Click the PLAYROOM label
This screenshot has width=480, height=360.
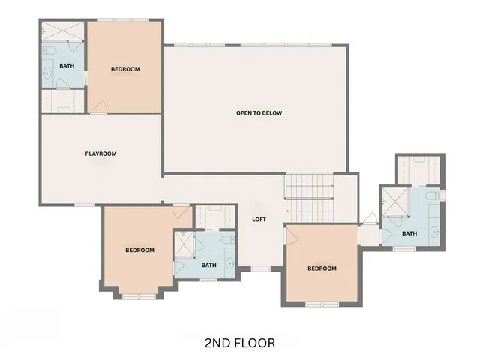pyautogui.click(x=100, y=154)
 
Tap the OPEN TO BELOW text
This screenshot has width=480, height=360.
pyautogui.click(x=259, y=113)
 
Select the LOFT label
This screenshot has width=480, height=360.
pyautogui.click(x=259, y=220)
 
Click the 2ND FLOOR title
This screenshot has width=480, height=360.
pyautogui.click(x=239, y=343)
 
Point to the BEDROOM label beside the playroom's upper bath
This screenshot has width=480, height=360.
pyautogui.click(x=125, y=70)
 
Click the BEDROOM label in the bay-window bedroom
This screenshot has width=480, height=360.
pyautogui.click(x=139, y=250)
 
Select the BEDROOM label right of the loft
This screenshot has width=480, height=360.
pyautogui.click(x=322, y=268)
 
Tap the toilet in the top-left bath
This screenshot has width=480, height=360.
pyautogui.click(x=47, y=50)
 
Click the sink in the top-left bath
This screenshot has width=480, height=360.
pyautogui.click(x=46, y=73)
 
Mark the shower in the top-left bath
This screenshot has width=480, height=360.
pyautogui.click(x=63, y=31)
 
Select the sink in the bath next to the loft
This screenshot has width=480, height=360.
pyautogui.click(x=229, y=263)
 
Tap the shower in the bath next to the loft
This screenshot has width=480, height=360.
pyautogui.click(x=184, y=245)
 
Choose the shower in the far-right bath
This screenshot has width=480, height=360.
pyautogui.click(x=393, y=201)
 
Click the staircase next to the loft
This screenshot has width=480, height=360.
pyautogui.click(x=309, y=196)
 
